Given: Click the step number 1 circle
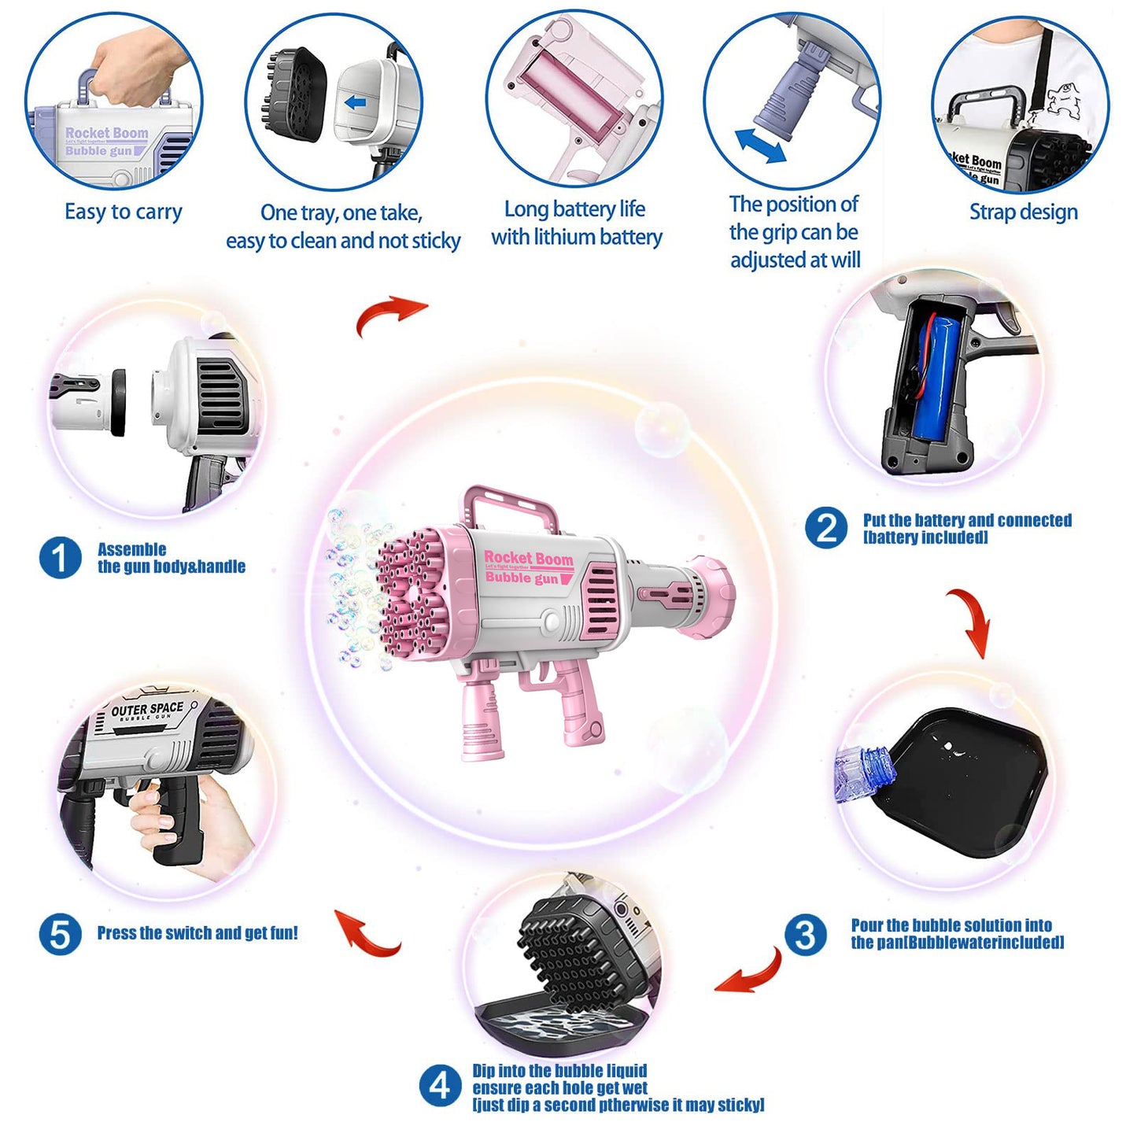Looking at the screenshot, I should point(60,558).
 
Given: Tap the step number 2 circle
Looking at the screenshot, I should point(826,528).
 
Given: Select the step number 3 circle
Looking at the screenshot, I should point(805,935).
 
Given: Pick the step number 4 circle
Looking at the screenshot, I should point(440,1087).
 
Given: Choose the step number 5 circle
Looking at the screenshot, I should point(60,935).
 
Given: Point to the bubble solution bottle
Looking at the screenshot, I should point(863,772).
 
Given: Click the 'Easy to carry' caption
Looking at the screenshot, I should point(124,212).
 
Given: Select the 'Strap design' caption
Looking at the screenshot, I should point(1023,212).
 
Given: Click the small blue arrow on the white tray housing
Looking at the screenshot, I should point(356,102).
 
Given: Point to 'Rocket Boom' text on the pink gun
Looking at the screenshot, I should point(528,558).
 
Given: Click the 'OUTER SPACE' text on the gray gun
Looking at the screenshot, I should point(147,709).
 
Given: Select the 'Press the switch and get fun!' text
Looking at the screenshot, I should point(197,933).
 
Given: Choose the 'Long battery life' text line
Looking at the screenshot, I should point(574,209).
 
